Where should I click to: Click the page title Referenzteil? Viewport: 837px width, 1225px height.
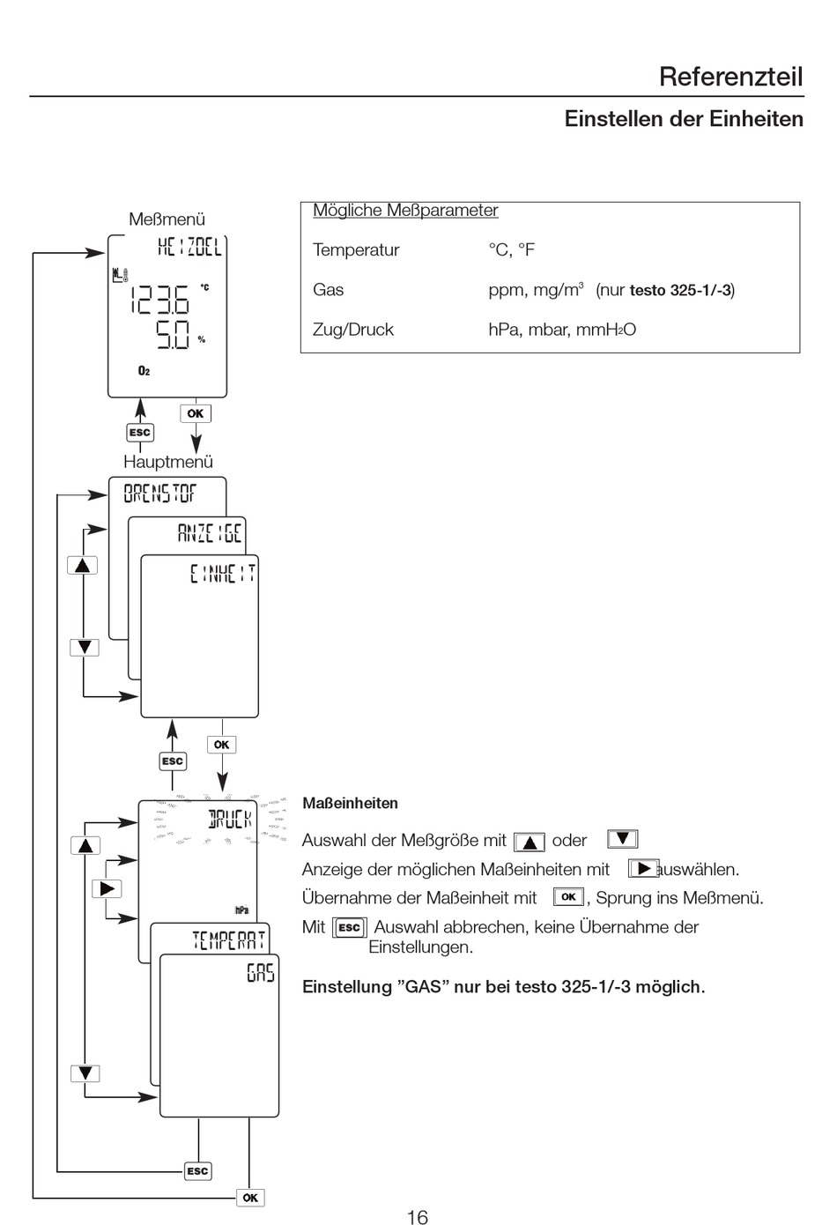[731, 77]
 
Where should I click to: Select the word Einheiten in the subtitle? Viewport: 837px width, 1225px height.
[756, 119]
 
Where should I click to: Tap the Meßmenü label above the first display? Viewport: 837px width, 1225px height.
[167, 219]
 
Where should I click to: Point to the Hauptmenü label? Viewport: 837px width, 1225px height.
[167, 462]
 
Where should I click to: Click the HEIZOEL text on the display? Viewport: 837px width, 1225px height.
[189, 247]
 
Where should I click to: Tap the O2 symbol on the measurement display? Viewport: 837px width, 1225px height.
[144, 371]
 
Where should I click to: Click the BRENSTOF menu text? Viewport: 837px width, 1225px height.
[159, 494]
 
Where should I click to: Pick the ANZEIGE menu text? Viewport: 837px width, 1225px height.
[210, 532]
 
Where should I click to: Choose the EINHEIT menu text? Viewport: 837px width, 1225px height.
[223, 574]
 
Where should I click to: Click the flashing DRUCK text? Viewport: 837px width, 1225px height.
[230, 820]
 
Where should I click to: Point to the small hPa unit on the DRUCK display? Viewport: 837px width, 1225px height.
[241, 910]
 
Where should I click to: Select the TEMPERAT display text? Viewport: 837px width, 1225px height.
[228, 940]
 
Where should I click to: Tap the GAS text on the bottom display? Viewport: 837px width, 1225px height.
[260, 973]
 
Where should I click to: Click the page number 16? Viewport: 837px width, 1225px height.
[417, 1217]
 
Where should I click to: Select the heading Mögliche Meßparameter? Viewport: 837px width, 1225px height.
[405, 210]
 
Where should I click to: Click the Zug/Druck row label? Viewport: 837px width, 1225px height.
[353, 330]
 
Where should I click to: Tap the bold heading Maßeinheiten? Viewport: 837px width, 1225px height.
[350, 804]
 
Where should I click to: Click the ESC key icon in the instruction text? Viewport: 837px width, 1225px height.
[350, 927]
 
